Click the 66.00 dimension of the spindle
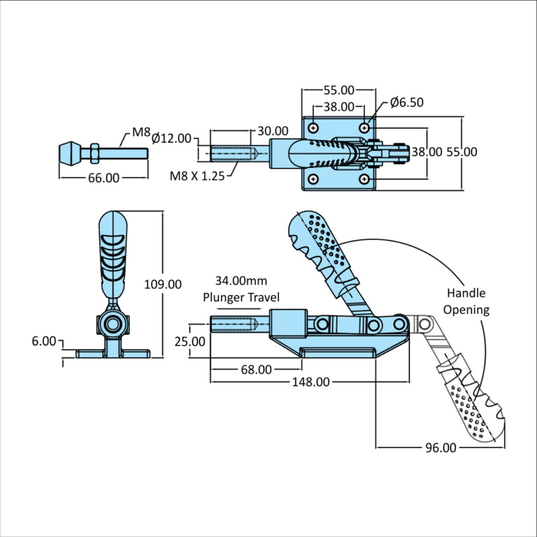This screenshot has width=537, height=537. click(x=103, y=178)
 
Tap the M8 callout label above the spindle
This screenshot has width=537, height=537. click(x=142, y=131)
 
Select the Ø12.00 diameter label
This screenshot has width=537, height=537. click(x=171, y=138)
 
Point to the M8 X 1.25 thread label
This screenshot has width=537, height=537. click(x=197, y=176)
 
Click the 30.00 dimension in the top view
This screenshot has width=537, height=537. click(x=273, y=131)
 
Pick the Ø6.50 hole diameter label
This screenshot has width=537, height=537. click(x=408, y=102)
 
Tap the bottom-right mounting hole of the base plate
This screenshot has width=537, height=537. click(x=364, y=179)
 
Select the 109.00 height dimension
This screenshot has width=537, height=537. click(x=163, y=284)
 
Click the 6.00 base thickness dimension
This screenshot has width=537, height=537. click(x=43, y=341)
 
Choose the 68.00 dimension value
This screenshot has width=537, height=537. click(x=256, y=369)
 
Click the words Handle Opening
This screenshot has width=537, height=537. click(x=466, y=301)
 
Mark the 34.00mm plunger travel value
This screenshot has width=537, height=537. click(x=241, y=281)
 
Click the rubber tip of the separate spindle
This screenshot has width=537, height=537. click(x=69, y=152)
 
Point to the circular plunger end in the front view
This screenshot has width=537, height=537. click(x=112, y=324)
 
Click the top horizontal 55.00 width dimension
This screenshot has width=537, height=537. click(x=339, y=90)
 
